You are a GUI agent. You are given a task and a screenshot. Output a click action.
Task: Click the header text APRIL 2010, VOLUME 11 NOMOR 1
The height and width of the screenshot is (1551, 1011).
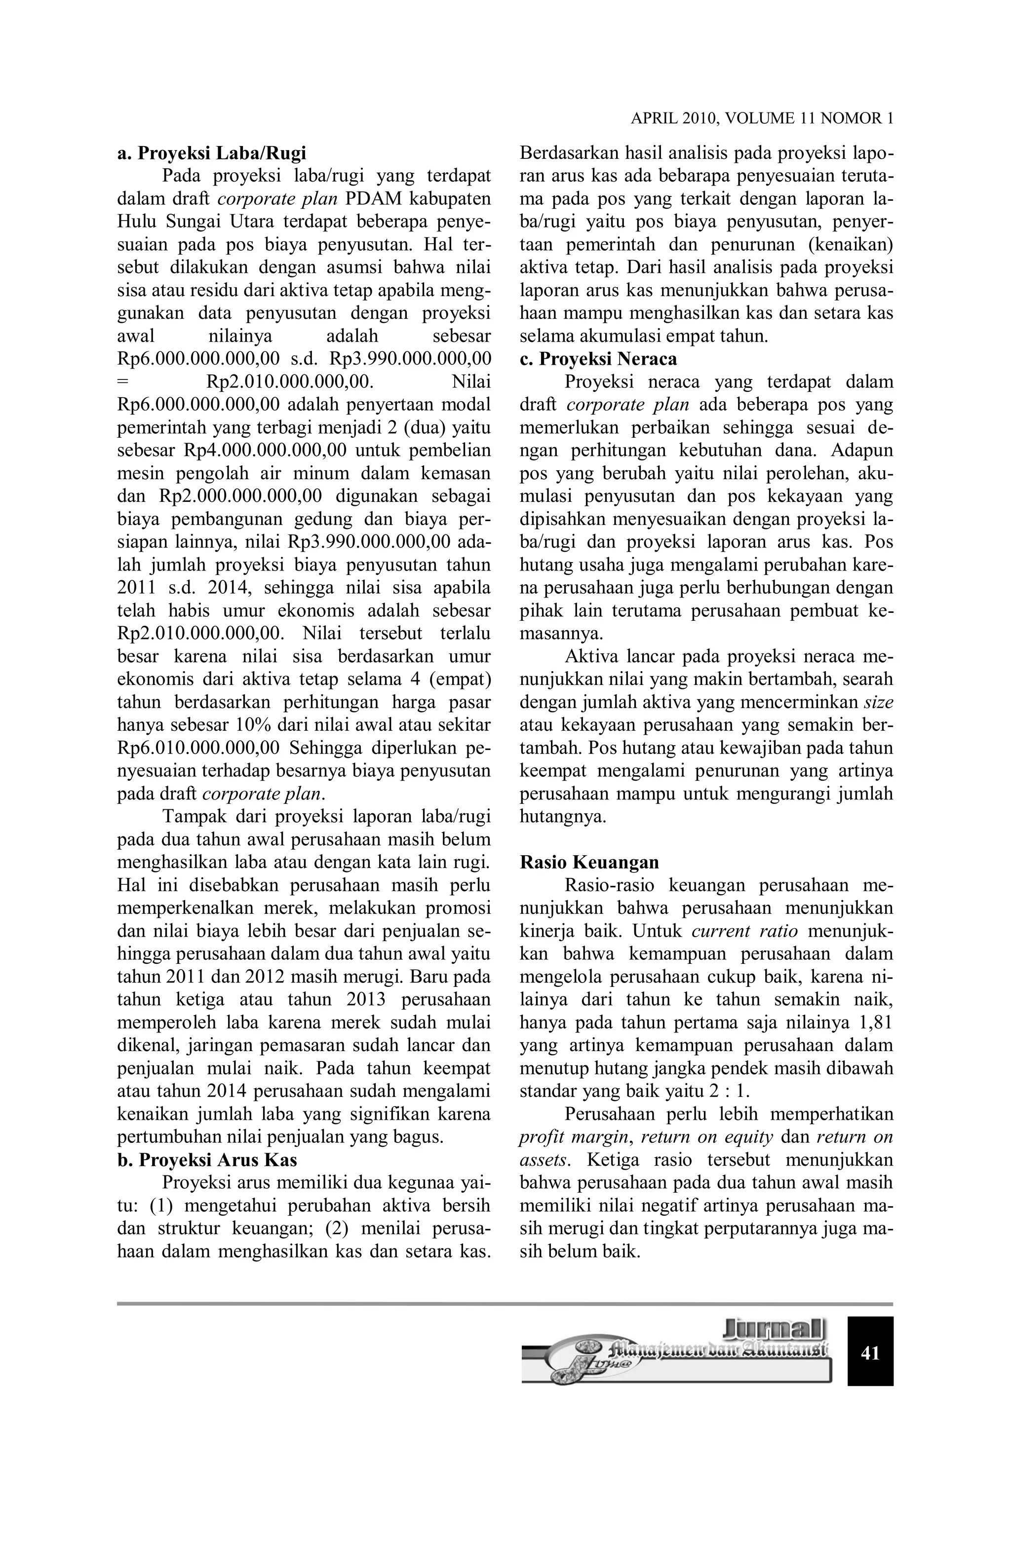(x=761, y=118)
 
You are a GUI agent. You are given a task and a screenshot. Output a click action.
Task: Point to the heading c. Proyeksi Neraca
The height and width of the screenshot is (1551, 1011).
(x=598, y=359)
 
